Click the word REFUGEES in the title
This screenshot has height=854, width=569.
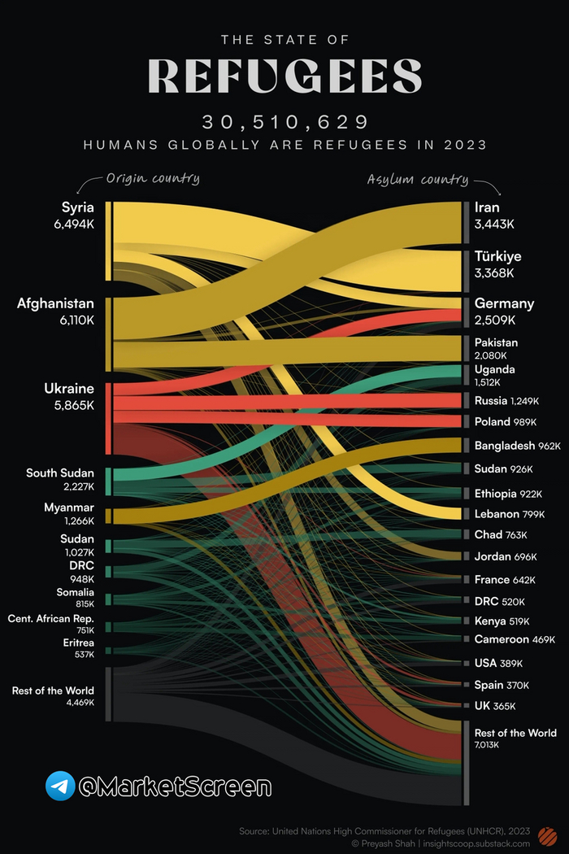(x=284, y=75)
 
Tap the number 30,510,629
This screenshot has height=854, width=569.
(x=284, y=123)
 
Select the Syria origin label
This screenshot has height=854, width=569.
(x=78, y=208)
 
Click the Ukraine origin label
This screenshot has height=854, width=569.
(x=69, y=389)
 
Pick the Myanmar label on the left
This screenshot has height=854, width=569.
(x=68, y=508)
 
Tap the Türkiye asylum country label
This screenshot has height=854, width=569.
(x=498, y=257)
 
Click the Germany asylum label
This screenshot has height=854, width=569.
(x=504, y=304)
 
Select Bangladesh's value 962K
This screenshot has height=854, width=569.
(x=549, y=447)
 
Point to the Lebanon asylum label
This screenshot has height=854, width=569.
(x=497, y=514)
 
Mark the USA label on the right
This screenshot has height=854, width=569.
(x=485, y=664)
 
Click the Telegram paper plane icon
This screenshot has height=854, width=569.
(x=60, y=786)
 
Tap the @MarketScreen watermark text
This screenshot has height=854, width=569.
(x=174, y=786)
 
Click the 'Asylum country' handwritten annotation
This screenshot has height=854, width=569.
(x=417, y=179)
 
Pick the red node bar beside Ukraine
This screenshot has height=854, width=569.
(x=108, y=418)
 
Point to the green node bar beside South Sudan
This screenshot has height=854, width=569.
(x=108, y=481)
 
